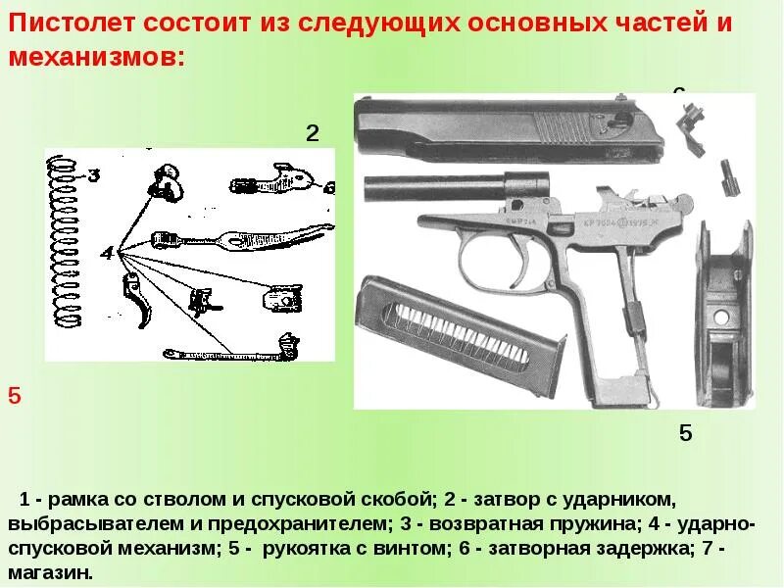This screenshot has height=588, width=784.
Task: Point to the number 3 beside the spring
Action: [94, 176]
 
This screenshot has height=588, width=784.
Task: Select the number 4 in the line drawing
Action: [106, 255]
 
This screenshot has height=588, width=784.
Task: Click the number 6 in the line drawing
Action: [328, 187]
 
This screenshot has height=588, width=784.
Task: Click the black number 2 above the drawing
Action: [313, 133]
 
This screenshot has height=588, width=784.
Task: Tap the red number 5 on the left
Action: [14, 397]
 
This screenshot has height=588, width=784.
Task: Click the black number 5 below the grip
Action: [685, 433]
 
